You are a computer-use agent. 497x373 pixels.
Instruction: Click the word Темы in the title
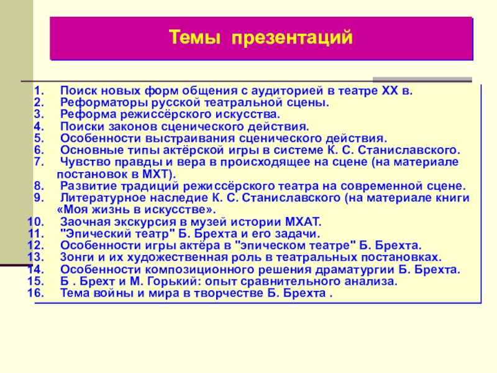tap(194, 37)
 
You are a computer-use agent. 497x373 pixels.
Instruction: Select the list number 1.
tap(39, 91)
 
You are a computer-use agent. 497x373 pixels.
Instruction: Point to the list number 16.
tap(36, 293)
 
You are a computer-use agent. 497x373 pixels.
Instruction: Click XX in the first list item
tap(390, 91)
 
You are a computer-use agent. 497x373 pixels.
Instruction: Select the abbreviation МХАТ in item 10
tap(303, 222)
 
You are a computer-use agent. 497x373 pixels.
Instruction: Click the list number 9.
tap(39, 198)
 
